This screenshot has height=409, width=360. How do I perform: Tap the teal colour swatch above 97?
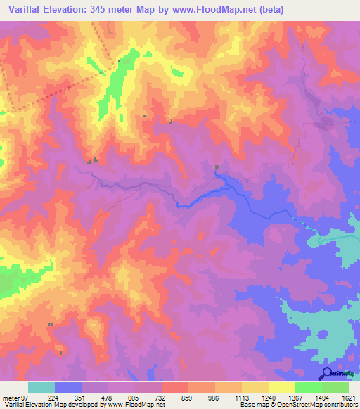tap(41, 387)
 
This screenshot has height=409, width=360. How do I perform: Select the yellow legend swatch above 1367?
tap(282, 387)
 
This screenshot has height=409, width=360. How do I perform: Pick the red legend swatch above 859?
tap(175, 387)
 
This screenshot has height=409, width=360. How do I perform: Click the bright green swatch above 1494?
tap(309, 387)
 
